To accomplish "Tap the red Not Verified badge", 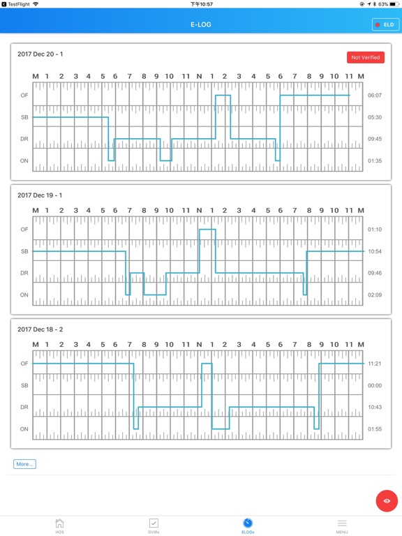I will point(366,57).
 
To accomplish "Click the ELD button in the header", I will point(385,24).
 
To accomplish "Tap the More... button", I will point(24,463).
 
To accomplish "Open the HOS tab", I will point(59,526).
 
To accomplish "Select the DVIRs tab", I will point(154,526).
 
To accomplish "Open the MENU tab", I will point(342,526).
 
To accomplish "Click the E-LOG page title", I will point(201,24).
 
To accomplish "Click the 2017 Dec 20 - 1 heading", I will point(40,54).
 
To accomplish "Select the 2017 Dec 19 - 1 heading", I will point(40,195).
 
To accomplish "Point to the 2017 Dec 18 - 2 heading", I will point(40,329).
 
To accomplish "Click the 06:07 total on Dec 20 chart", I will point(375,96).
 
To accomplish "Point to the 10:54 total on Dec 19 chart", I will point(375,251).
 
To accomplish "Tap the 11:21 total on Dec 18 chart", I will point(375,364).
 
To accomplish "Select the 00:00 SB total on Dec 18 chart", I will point(375,385).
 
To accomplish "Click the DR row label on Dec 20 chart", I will point(24,139).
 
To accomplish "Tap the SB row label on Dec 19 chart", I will point(24,251).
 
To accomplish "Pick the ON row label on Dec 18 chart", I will point(24,429).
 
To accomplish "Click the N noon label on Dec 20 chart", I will point(199,75).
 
